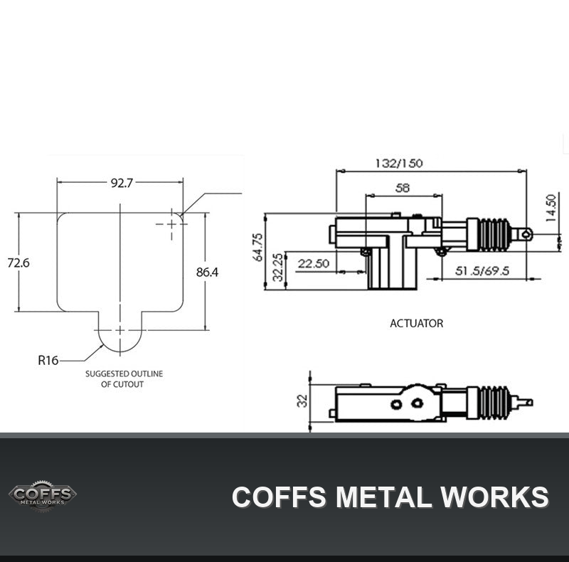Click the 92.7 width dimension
tap(122, 183)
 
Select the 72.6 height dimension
tap(18, 263)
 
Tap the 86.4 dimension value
tap(207, 272)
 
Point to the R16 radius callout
tap(48, 360)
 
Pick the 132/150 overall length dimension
tap(399, 163)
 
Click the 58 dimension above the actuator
tap(403, 188)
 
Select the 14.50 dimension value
tap(551, 208)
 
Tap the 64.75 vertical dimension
tap(257, 247)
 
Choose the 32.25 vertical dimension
tap(277, 267)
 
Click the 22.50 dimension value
tap(314, 263)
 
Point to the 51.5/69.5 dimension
tap(482, 270)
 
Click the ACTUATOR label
tap(417, 323)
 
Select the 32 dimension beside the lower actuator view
tap(302, 401)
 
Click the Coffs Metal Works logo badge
tap(43, 496)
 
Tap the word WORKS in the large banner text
tap(494, 497)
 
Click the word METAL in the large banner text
tap(383, 497)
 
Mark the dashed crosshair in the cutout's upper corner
tap(171, 224)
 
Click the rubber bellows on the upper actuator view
tap(494, 234)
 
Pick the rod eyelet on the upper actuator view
tap(526, 234)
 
